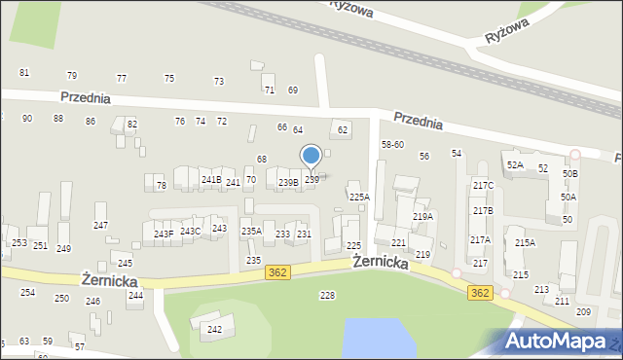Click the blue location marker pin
[x=311, y=157]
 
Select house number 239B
[x=287, y=182]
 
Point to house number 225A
[x=360, y=197]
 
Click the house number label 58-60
[x=392, y=144]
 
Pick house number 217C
[x=483, y=186]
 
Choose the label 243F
[x=164, y=234]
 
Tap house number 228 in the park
[x=327, y=295]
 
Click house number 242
[x=214, y=329]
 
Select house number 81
[x=24, y=73]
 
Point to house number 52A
[x=514, y=165]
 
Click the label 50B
[x=569, y=173]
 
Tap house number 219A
[x=422, y=217]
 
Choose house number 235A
[x=251, y=231]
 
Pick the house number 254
[x=28, y=292]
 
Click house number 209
[x=583, y=311]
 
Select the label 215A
[x=525, y=243]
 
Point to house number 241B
[x=210, y=180]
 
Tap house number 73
[x=219, y=81]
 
